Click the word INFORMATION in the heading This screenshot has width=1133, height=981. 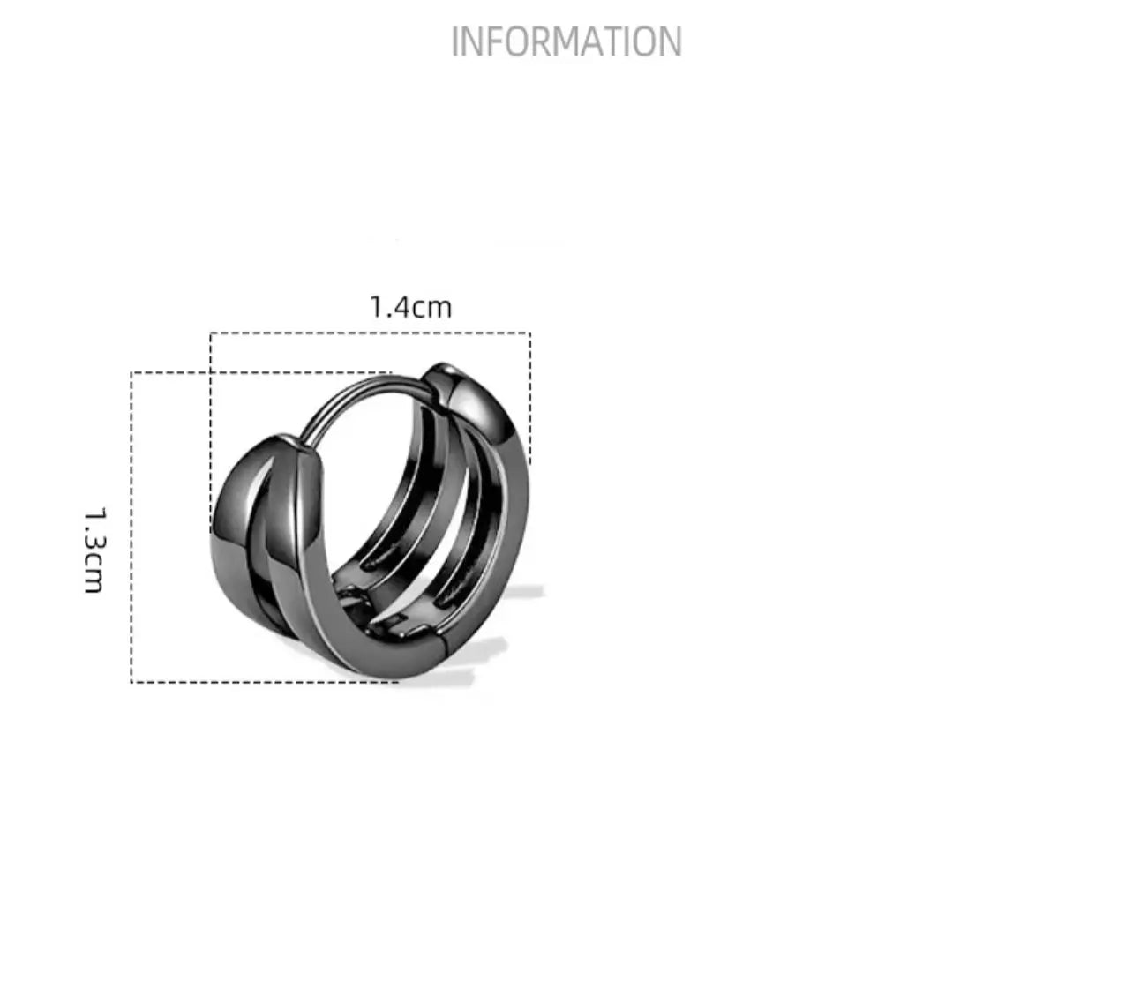coord(566,41)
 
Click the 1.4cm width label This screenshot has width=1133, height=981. coord(411,307)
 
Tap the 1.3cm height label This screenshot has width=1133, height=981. coord(94,550)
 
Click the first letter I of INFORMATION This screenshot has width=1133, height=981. coord(454,41)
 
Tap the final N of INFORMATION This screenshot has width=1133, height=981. coord(671,41)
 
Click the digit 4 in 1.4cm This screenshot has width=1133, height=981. coord(401,307)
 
